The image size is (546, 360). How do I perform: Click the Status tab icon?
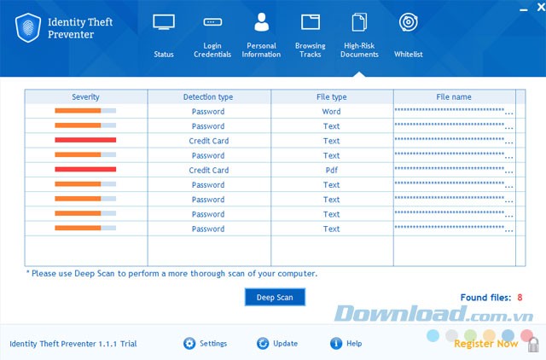pyautogui.click(x=164, y=22)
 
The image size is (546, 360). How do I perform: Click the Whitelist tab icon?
pyautogui.click(x=408, y=23)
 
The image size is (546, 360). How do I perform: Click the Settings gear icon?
pyautogui.click(x=189, y=344)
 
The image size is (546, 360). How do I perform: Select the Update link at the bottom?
pyautogui.click(x=285, y=344)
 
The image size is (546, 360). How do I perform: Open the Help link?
pyautogui.click(x=353, y=344)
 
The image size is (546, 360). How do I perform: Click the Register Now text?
pyautogui.click(x=485, y=344)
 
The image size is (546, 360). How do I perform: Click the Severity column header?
pyautogui.click(x=85, y=96)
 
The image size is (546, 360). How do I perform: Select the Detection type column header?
pyautogui.click(x=208, y=96)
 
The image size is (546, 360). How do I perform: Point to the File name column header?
pyautogui.click(x=453, y=96)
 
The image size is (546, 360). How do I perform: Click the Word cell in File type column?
pyautogui.click(x=331, y=112)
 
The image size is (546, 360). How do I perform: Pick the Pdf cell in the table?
pyautogui.click(x=331, y=170)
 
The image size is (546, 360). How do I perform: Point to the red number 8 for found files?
pyautogui.click(x=519, y=298)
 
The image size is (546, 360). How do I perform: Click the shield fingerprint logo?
pyautogui.click(x=30, y=27)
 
